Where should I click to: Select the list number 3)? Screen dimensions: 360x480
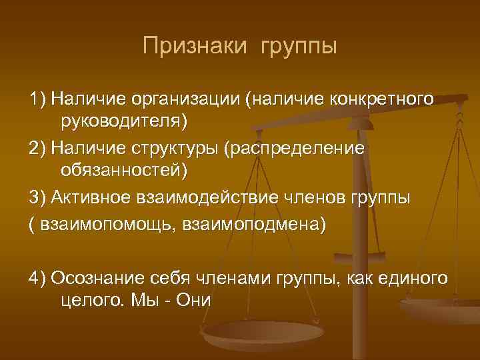coord(37,198)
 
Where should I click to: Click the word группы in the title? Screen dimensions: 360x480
coord(297,48)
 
